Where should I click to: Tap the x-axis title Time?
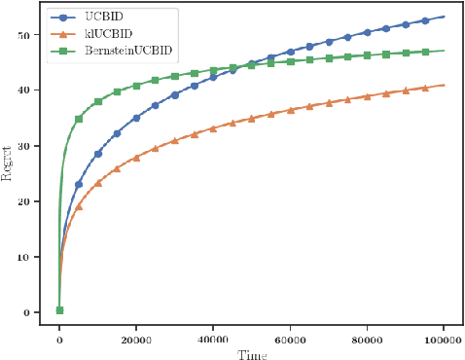click(x=251, y=352)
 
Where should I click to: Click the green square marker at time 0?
click(x=59, y=310)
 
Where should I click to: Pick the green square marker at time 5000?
click(x=79, y=119)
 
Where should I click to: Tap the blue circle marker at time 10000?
click(x=98, y=154)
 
